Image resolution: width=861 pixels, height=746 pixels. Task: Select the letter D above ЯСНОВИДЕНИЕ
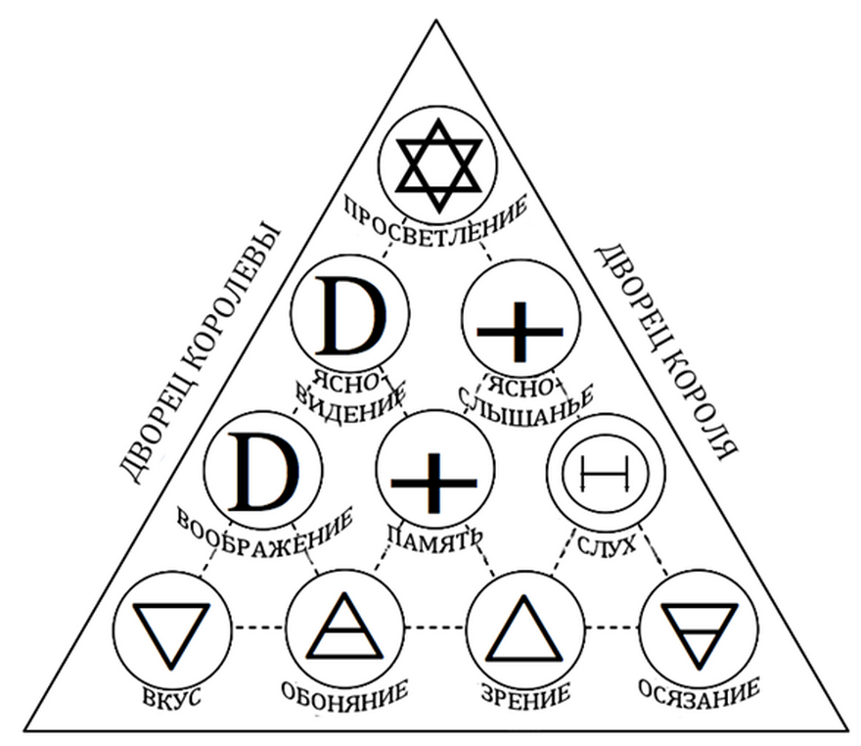[x=349, y=314]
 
